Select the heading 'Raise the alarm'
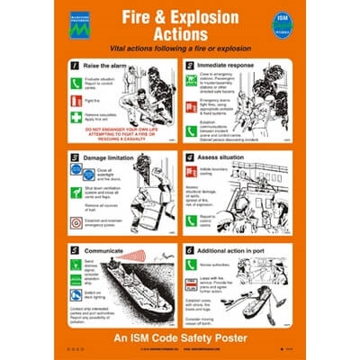click(107, 66)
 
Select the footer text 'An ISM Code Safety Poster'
click(180, 336)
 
